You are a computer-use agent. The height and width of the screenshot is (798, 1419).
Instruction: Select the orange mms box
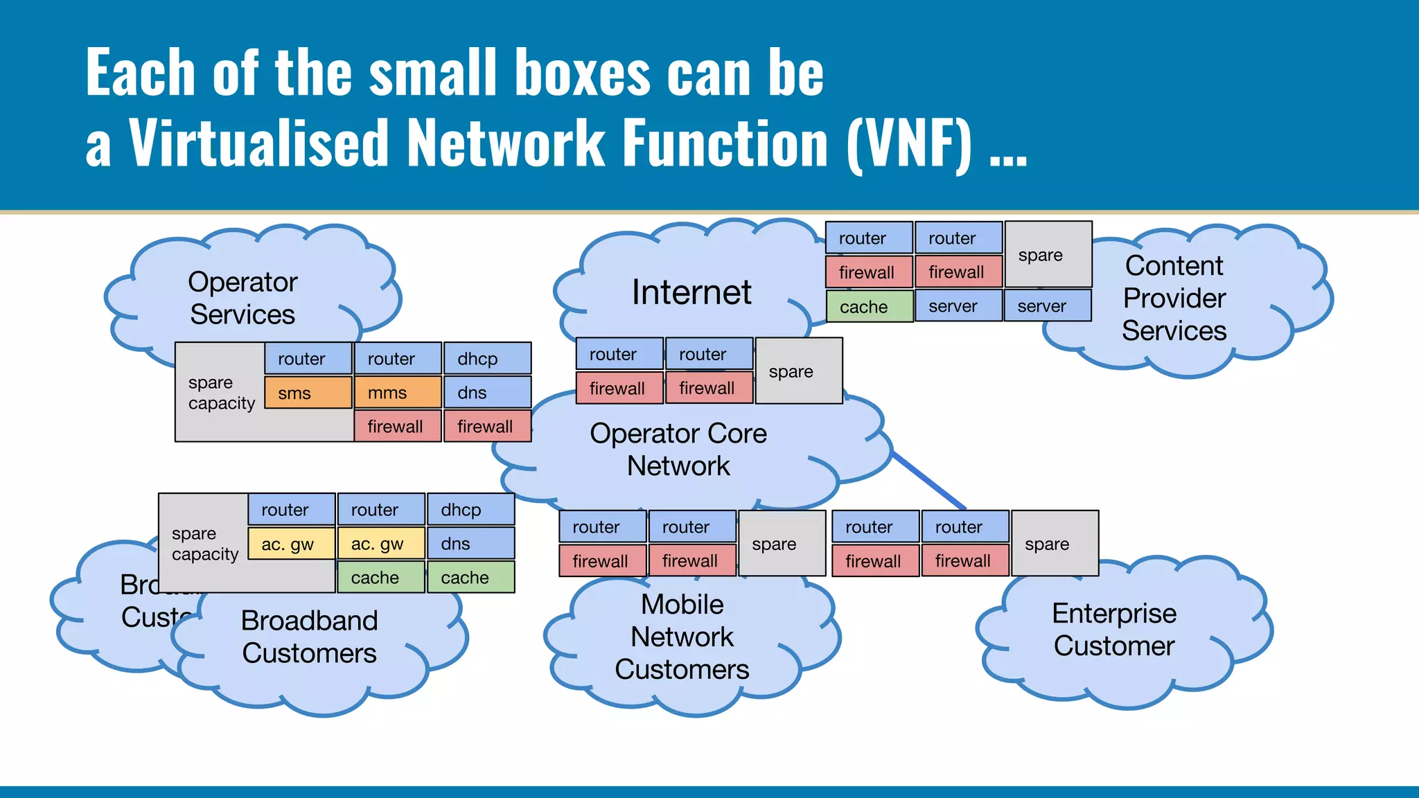pyautogui.click(x=397, y=393)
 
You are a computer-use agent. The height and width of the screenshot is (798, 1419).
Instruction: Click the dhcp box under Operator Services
pyautogui.click(x=487, y=359)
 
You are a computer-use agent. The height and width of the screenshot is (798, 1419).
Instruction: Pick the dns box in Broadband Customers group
pyautogui.click(x=470, y=544)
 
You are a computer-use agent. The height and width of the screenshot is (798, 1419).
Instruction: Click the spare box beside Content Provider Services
pyautogui.click(x=1048, y=255)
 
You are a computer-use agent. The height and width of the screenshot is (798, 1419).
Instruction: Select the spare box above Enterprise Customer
pyautogui.click(x=1054, y=544)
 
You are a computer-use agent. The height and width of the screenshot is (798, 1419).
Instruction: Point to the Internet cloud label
pyautogui.click(x=691, y=292)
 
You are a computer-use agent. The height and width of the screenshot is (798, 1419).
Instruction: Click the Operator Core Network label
pyautogui.click(x=678, y=450)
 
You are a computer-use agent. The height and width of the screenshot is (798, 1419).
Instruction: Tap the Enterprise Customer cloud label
pyautogui.click(x=1113, y=630)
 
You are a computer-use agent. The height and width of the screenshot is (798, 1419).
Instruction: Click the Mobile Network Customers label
pyautogui.click(x=682, y=637)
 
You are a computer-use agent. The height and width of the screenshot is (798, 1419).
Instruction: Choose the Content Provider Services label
pyautogui.click(x=1174, y=299)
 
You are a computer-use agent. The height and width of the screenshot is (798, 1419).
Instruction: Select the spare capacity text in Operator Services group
pyautogui.click(x=221, y=393)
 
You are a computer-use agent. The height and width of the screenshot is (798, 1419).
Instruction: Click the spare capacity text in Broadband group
pyautogui.click(x=204, y=544)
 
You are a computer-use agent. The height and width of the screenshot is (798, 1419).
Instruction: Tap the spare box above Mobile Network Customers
pyautogui.click(x=781, y=544)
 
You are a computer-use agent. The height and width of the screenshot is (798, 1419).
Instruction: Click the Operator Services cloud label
pyautogui.click(x=243, y=299)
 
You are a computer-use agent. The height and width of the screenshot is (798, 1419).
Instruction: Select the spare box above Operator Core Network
pyautogui.click(x=797, y=371)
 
